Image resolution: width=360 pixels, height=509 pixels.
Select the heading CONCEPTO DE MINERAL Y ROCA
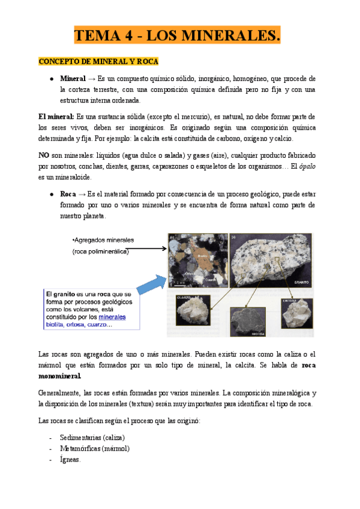[98, 62]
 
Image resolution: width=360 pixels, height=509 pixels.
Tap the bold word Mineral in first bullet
[73, 79]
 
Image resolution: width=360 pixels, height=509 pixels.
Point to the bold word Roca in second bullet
[68, 194]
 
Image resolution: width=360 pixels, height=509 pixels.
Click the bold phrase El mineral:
[56, 116]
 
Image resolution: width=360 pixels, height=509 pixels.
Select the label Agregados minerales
[103, 240]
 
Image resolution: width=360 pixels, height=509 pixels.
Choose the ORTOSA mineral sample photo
[297, 312]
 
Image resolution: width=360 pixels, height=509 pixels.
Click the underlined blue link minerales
[112, 316]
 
